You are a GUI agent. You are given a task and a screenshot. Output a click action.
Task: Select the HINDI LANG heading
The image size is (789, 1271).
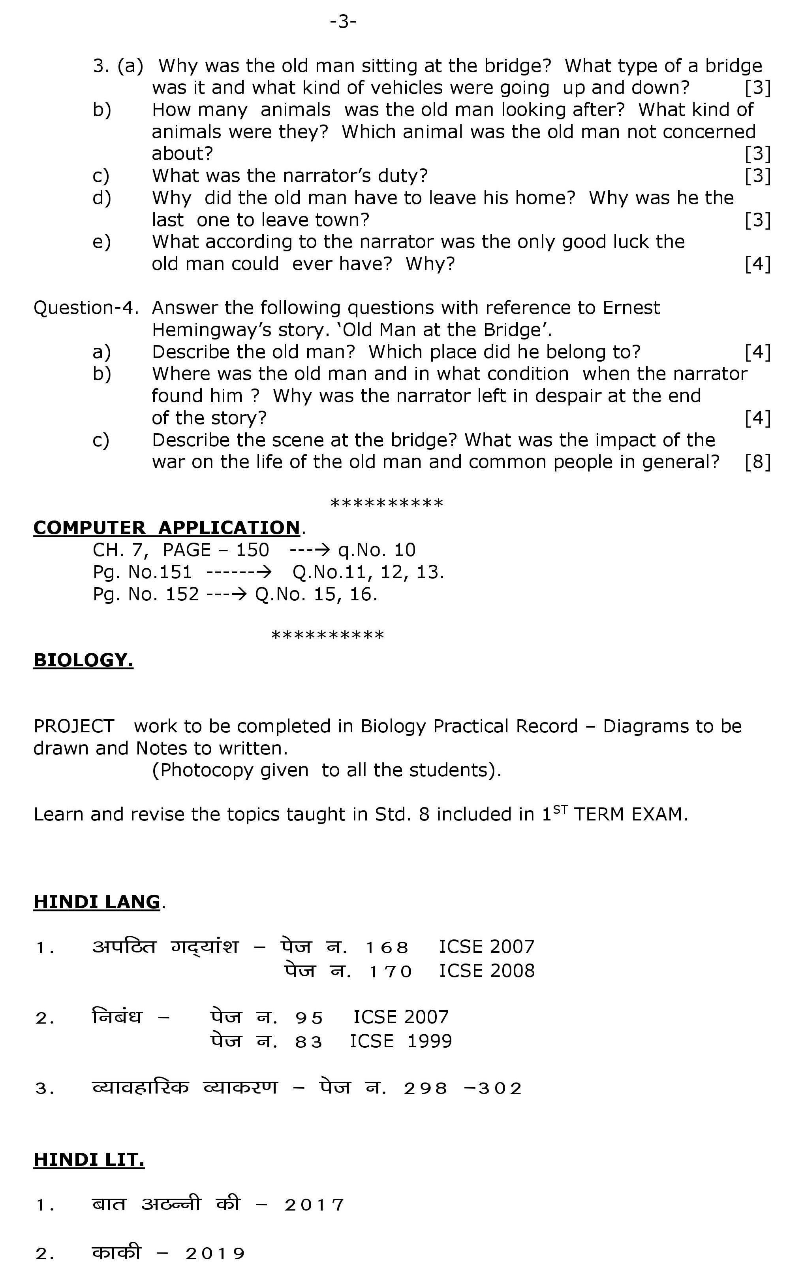(x=97, y=901)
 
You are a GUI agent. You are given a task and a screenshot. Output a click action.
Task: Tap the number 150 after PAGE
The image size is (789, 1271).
(x=253, y=550)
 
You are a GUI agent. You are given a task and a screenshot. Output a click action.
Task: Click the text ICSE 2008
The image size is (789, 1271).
(x=487, y=971)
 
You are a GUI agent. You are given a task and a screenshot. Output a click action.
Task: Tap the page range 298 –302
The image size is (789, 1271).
(x=462, y=1088)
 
